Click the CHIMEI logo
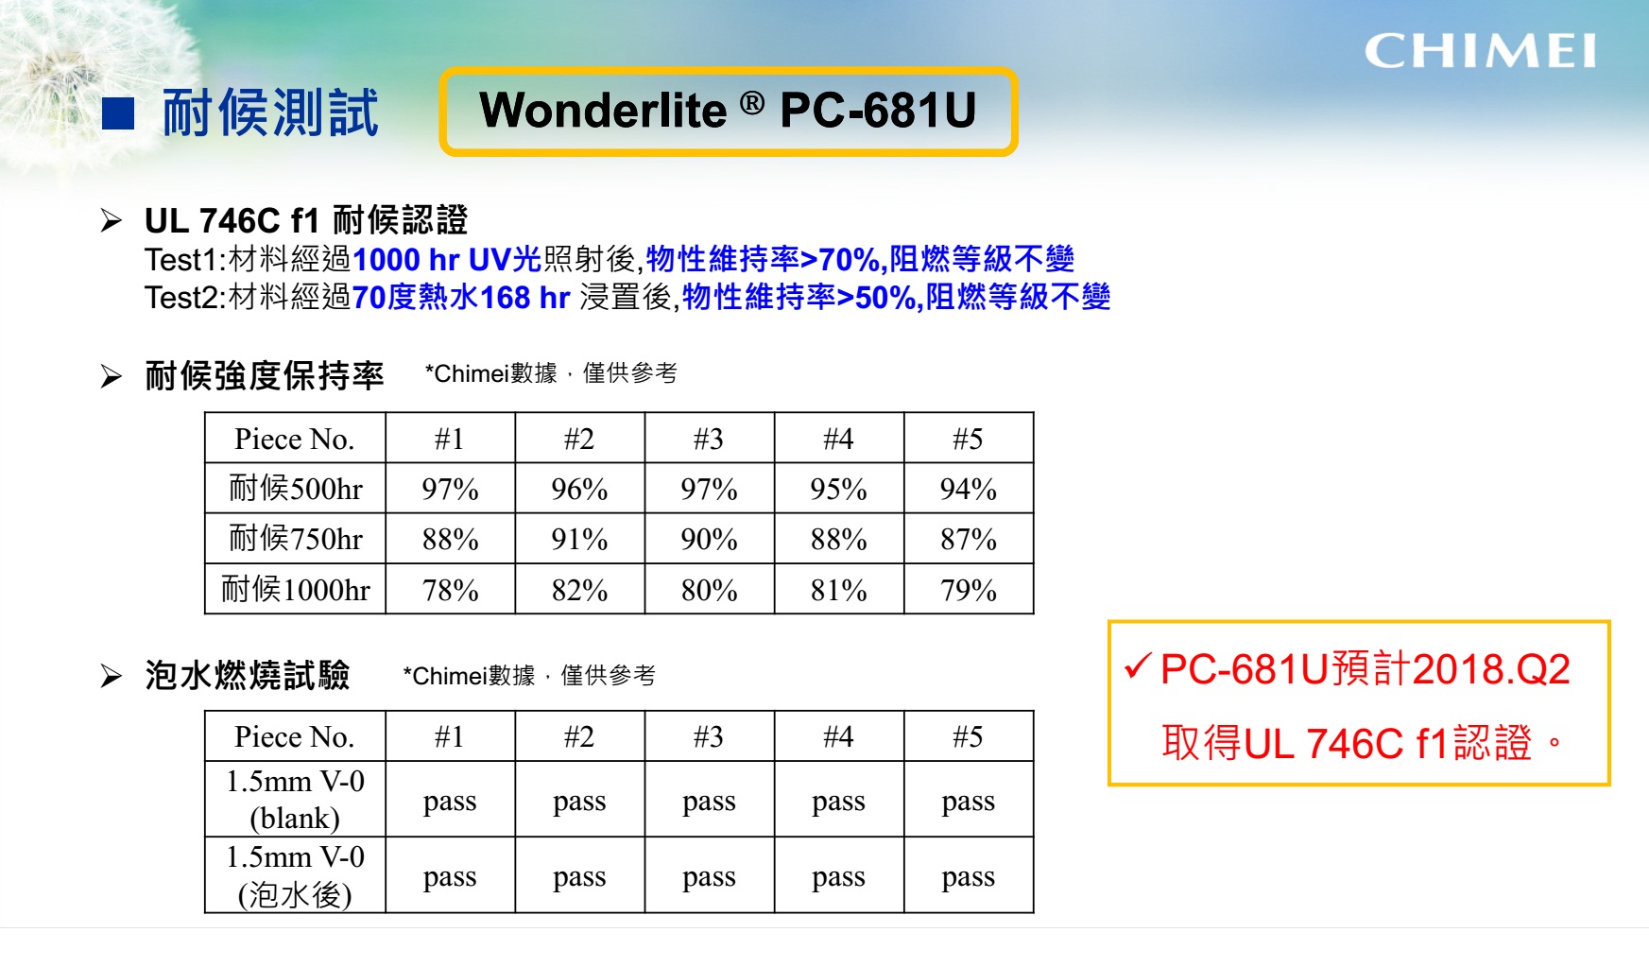[x=1480, y=51]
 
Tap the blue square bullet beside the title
[x=118, y=113]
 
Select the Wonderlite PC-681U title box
[x=729, y=111]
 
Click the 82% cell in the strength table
[x=579, y=590]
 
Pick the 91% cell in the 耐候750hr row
[x=579, y=539]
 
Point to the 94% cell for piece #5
[x=969, y=489]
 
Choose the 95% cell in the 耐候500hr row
[x=839, y=489]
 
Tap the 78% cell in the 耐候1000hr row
[x=450, y=590]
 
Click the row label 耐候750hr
[x=296, y=539]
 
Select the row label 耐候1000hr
[x=296, y=590]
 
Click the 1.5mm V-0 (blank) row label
[x=296, y=799]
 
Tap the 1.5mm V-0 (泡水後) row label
[x=296, y=875]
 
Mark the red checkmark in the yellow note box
[x=1137, y=666]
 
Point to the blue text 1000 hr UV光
[x=447, y=259]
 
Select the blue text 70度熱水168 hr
[x=461, y=298]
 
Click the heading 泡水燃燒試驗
[x=248, y=675]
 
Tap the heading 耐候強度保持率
[x=265, y=375]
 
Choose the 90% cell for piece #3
[x=709, y=539]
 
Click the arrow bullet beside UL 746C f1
[x=112, y=221]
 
